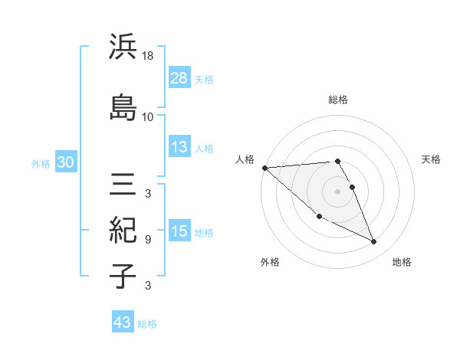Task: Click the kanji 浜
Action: tap(123, 47)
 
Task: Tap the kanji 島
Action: tap(123, 106)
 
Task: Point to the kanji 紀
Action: tap(123, 230)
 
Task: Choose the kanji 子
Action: tap(123, 277)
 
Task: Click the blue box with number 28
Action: tap(179, 78)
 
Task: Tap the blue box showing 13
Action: tap(179, 148)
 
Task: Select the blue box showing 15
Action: tap(179, 231)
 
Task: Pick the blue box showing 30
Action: tap(65, 163)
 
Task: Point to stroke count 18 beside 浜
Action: tap(149, 56)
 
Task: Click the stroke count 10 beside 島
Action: tap(148, 116)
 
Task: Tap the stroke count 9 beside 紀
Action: tap(148, 240)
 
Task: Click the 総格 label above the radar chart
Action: tap(338, 100)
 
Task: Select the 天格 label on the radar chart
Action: tap(431, 159)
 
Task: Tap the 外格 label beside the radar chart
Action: tap(270, 262)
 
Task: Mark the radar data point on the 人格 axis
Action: tap(264, 168)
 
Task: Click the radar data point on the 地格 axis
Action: tap(374, 242)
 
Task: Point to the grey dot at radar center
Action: tap(338, 191)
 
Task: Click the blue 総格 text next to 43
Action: tap(147, 324)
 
